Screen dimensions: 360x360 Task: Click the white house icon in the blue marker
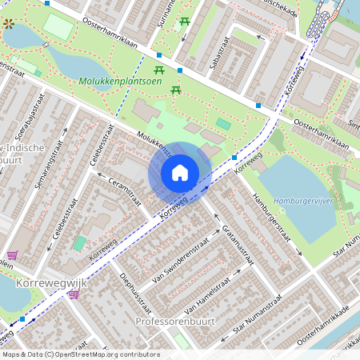[180, 173]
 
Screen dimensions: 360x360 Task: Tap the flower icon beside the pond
[9, 25]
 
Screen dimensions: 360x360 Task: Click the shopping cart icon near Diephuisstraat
[74, 294]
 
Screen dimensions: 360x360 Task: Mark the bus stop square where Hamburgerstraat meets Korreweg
[234, 157]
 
